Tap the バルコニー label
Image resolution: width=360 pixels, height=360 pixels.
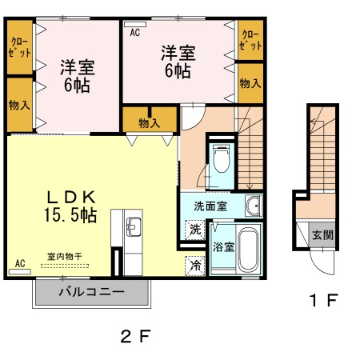(x=91, y=292)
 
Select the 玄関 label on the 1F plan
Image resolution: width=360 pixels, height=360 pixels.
(x=322, y=235)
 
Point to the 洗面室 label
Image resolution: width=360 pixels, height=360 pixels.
(x=210, y=206)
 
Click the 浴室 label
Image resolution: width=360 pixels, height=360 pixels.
(x=223, y=246)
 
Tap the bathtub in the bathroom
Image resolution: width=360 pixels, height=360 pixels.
(x=249, y=250)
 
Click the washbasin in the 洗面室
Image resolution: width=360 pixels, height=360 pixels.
(x=253, y=206)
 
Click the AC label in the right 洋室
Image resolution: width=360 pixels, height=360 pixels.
(x=134, y=33)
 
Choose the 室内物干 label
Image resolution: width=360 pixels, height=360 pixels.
(x=66, y=256)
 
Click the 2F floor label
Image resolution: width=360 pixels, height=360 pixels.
(x=135, y=335)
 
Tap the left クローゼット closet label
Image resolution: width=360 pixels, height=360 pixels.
(x=20, y=46)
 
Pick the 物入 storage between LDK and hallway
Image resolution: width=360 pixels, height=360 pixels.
(x=150, y=122)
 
